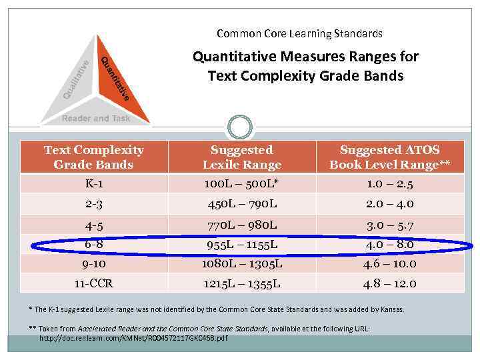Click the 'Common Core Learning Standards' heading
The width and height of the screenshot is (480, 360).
pyautogui.click(x=299, y=33)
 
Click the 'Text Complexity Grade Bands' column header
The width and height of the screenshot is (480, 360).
pyautogui.click(x=93, y=157)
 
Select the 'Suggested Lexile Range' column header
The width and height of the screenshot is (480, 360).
pyautogui.click(x=242, y=157)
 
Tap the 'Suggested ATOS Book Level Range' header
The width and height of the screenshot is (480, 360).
pyautogui.click(x=390, y=157)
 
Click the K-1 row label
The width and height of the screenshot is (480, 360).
pyautogui.click(x=93, y=183)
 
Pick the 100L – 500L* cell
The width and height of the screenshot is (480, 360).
pyautogui.click(x=242, y=183)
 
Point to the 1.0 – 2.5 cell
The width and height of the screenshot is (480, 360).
pyautogui.click(x=390, y=183)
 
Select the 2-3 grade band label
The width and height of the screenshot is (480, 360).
pyautogui.click(x=93, y=203)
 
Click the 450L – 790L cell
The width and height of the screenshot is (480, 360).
pyautogui.click(x=242, y=203)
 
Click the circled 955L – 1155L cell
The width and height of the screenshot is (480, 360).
pyautogui.click(x=242, y=245)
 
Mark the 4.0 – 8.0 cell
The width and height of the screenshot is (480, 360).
pyautogui.click(x=390, y=245)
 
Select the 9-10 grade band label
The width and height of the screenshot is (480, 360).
pyautogui.click(x=93, y=263)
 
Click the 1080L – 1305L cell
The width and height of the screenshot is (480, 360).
pyautogui.click(x=242, y=263)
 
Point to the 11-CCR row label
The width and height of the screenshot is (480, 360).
pyautogui.click(x=93, y=283)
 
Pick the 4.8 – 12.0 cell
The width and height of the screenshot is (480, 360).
pyautogui.click(x=390, y=283)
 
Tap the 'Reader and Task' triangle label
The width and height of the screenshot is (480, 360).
pyautogui.click(x=96, y=119)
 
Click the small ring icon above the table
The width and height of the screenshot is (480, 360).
pyautogui.click(x=240, y=127)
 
